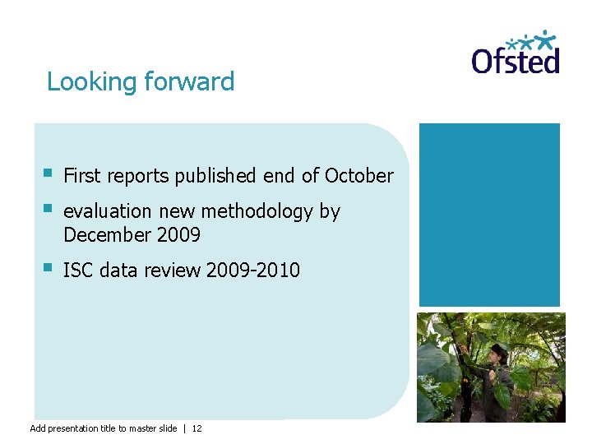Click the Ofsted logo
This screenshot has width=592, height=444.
click(516, 53)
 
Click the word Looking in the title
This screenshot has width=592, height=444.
click(91, 82)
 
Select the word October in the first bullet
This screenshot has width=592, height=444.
click(359, 176)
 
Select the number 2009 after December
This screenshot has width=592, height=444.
click(178, 235)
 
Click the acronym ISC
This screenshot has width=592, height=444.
click(78, 270)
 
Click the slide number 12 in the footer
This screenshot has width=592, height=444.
click(197, 428)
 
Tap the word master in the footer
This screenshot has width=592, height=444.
click(141, 428)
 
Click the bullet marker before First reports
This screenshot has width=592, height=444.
click(49, 173)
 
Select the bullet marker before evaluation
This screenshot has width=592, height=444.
click(49, 210)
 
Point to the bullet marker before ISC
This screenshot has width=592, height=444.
click(49, 267)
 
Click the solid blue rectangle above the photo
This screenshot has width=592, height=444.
click(489, 215)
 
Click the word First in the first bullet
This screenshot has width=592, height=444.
click(81, 176)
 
